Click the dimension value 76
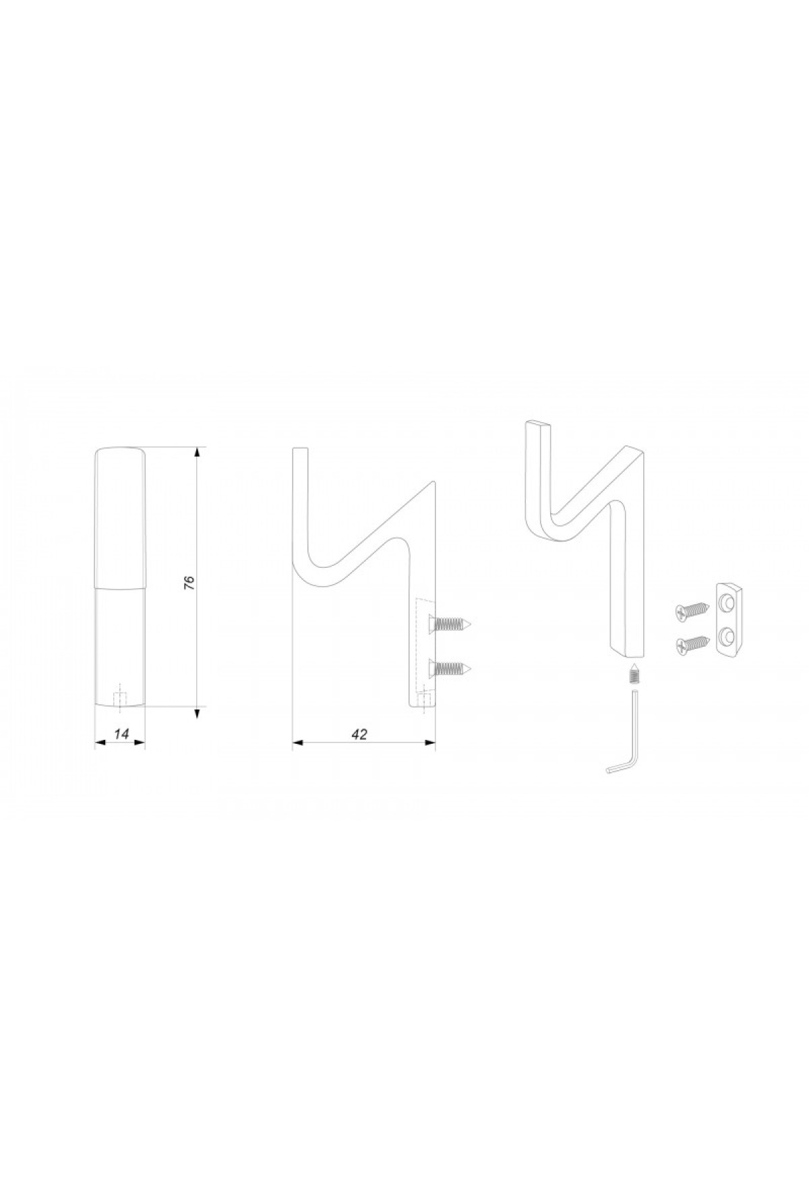(x=189, y=583)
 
